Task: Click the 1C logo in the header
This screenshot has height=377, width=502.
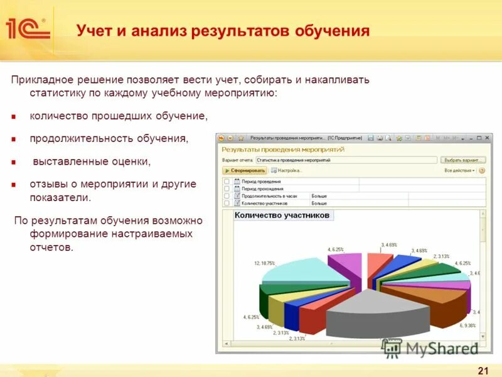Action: [27, 30]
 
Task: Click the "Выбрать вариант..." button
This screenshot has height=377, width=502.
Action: [463, 160]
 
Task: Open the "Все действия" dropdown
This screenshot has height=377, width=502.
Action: [460, 170]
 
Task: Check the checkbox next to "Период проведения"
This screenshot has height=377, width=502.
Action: [227, 182]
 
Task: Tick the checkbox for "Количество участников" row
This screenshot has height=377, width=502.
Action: [227, 204]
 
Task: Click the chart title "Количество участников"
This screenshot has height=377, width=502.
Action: [282, 216]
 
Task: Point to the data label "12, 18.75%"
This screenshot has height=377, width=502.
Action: [265, 263]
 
